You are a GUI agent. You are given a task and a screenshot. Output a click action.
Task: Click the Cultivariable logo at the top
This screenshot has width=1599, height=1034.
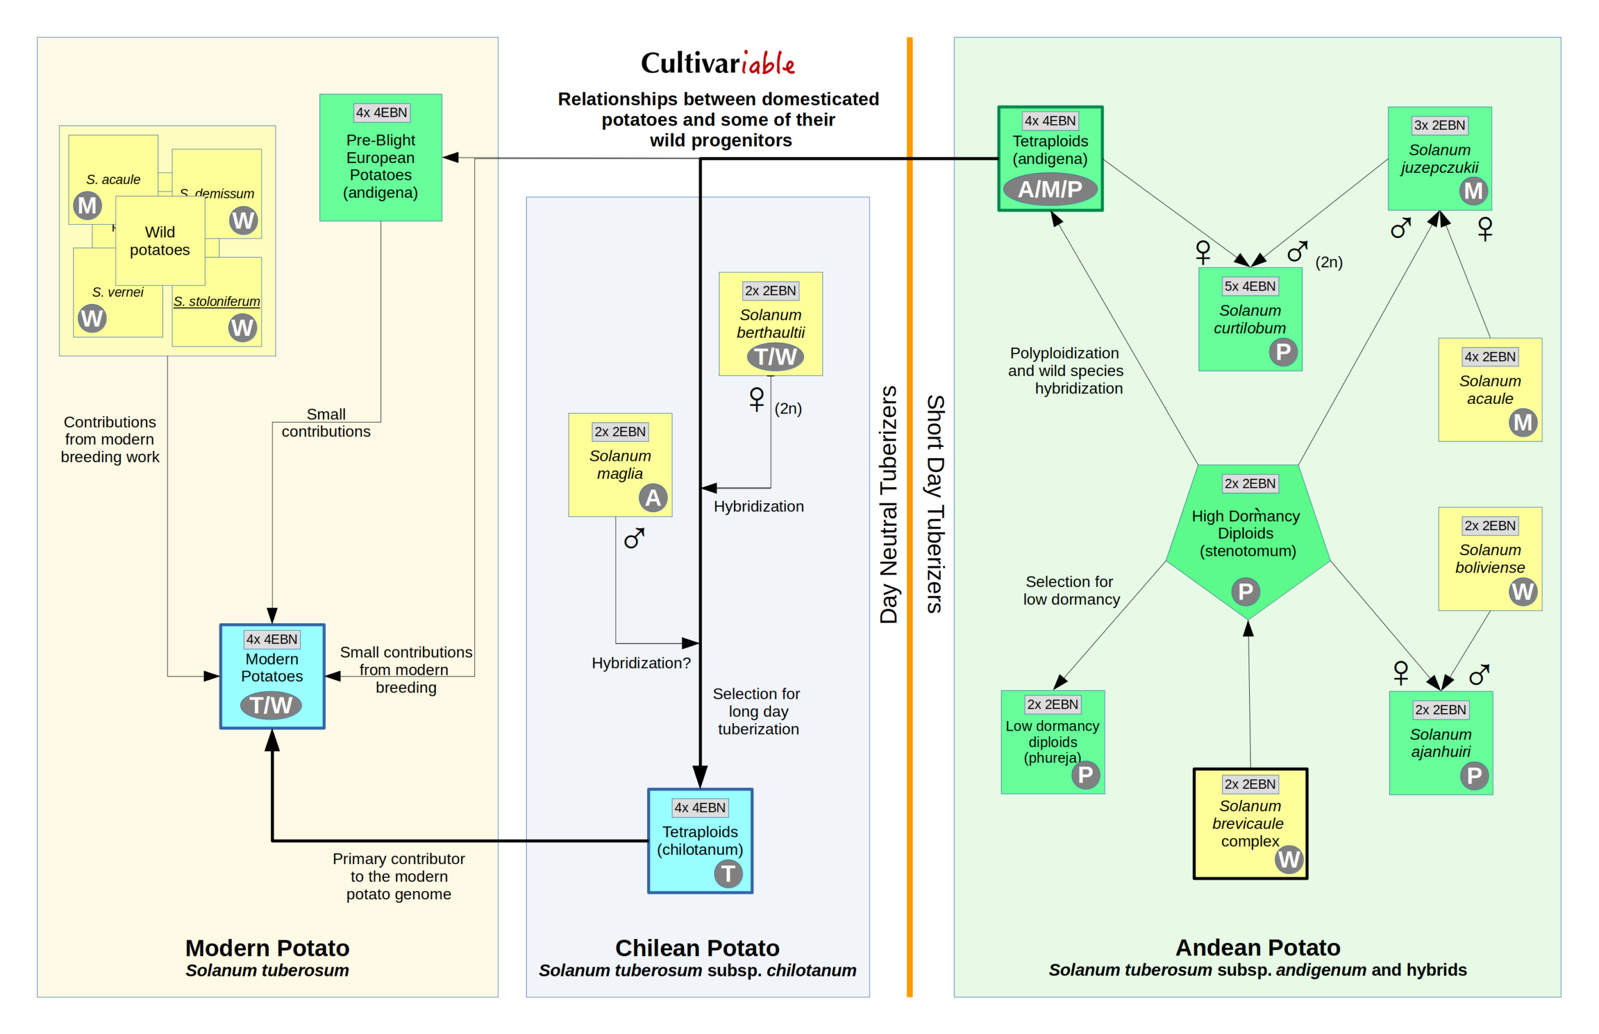pyautogui.click(x=717, y=63)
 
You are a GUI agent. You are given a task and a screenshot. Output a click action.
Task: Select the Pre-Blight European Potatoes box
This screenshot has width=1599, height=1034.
pyautogui.click(x=380, y=158)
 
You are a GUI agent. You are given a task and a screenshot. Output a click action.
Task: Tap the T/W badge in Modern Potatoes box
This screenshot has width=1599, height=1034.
pyautogui.click(x=270, y=705)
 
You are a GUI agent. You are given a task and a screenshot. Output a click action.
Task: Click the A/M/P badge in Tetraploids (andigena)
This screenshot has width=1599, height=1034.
pyautogui.click(x=1050, y=189)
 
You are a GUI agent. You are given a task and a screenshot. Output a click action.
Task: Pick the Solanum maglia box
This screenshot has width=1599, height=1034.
pyautogui.click(x=619, y=465)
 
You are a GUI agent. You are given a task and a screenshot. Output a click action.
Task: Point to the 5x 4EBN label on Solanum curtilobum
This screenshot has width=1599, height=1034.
pyautogui.click(x=1249, y=286)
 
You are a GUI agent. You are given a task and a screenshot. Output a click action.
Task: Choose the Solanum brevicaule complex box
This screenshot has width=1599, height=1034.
pyautogui.click(x=1249, y=823)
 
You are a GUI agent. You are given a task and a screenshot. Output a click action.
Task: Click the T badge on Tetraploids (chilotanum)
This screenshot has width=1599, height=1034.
pyautogui.click(x=728, y=874)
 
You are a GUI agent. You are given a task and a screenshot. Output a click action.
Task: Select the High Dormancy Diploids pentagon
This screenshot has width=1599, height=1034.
pyautogui.click(x=1247, y=537)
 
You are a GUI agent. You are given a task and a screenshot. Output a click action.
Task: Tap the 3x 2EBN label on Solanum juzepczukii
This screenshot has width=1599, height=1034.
pyautogui.click(x=1439, y=126)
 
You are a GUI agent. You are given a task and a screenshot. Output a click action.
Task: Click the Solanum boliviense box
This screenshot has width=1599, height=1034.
pyautogui.click(x=1489, y=559)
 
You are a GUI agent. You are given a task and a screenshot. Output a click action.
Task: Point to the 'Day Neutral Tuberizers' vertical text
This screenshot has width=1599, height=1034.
pyautogui.click(x=888, y=505)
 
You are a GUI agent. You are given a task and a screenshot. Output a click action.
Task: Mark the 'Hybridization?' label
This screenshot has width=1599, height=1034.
pyautogui.click(x=641, y=663)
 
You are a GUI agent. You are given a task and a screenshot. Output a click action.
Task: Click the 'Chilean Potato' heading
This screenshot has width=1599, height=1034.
pyautogui.click(x=697, y=948)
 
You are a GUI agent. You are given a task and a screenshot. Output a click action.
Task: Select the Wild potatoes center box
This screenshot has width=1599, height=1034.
pyautogui.click(x=160, y=241)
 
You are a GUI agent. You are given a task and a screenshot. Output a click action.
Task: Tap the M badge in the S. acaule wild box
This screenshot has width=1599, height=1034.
pyautogui.click(x=87, y=205)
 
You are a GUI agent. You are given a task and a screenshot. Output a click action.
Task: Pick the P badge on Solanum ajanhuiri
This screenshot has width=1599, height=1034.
pyautogui.click(x=1473, y=776)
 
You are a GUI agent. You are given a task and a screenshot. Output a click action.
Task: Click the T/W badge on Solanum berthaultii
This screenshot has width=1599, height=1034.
pyautogui.click(x=775, y=357)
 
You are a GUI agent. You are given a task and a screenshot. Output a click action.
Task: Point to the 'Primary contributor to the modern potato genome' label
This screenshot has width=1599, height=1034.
pyautogui.click(x=399, y=876)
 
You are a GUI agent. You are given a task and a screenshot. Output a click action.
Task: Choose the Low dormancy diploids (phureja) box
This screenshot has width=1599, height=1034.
pyautogui.click(x=1052, y=742)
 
